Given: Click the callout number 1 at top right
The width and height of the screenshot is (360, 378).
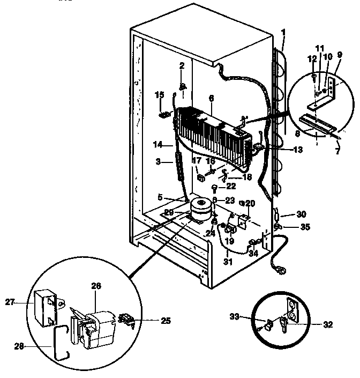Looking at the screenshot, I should coord(283,32).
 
